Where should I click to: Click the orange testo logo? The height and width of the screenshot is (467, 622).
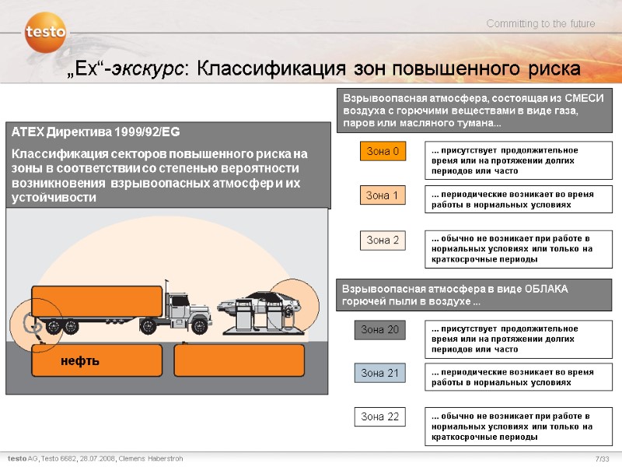46,32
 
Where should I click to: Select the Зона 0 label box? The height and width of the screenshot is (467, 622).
383,151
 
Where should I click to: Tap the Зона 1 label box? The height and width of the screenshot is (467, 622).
383,195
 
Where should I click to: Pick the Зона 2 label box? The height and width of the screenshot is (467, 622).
383,241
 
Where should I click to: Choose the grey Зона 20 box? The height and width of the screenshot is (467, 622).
379,329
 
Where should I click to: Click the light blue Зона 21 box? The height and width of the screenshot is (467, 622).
379,373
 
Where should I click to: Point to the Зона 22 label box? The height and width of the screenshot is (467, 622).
379,416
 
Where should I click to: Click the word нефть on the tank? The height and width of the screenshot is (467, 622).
80,361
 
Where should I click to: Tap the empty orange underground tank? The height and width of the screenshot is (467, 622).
239,360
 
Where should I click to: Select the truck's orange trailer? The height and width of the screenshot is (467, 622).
96,301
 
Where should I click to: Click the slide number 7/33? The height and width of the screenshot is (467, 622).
602,458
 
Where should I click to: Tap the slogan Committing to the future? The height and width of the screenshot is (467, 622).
540,24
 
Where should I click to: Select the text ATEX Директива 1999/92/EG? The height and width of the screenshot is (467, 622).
96,132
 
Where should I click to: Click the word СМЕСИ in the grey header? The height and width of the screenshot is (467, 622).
585,98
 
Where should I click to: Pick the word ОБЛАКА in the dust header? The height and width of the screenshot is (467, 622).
547,289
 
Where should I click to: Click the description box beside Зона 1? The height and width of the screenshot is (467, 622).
519,199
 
